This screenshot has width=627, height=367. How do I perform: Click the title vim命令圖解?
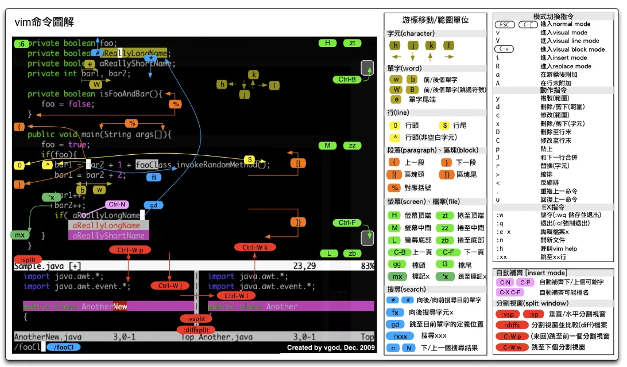coord(44,22)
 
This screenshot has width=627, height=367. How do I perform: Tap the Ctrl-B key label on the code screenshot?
coord(347,80)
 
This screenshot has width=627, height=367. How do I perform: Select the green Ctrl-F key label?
coord(347,222)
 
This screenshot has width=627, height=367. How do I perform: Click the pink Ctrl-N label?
coord(117,204)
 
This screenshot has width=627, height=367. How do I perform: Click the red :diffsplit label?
coord(196,330)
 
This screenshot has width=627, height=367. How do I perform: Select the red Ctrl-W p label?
coord(130,250)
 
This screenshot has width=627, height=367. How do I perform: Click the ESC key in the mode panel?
coord(504,25)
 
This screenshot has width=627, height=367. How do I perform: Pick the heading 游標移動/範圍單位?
coord(436,19)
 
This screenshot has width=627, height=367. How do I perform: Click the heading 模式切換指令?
coord(553,17)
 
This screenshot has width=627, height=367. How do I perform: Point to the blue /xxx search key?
coord(401,336)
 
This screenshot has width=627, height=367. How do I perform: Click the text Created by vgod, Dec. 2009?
coord(330,348)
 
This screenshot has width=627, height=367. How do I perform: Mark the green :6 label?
coord(22,44)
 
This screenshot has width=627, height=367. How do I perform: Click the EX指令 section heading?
coord(553,206)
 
